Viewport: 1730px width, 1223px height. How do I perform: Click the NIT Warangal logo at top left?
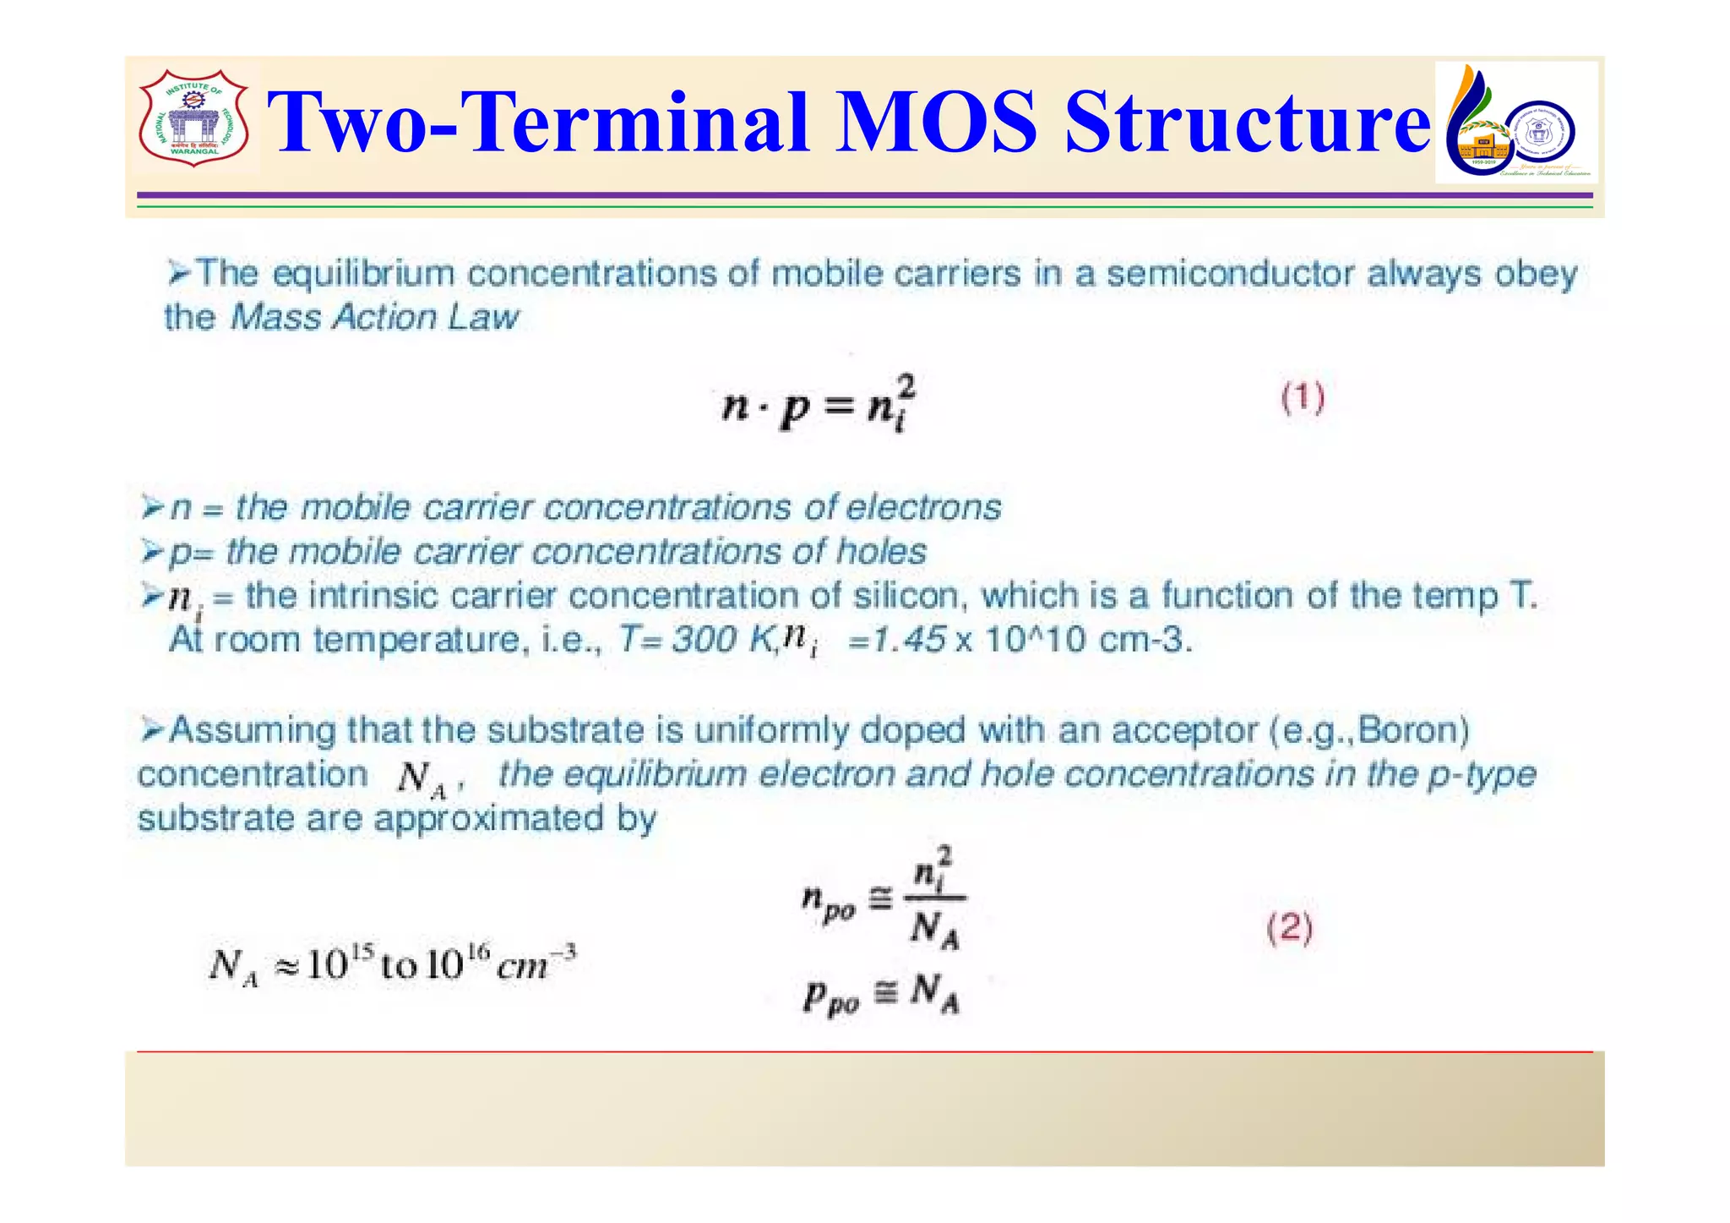(x=193, y=118)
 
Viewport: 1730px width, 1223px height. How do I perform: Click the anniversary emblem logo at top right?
(x=1515, y=123)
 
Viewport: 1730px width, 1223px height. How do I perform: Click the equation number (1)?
(x=1303, y=398)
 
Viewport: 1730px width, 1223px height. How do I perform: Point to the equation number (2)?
(x=1290, y=929)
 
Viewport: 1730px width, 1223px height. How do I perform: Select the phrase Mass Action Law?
(x=374, y=318)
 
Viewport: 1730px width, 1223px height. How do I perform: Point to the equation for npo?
(x=883, y=900)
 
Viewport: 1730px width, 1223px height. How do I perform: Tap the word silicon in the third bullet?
(x=907, y=597)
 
